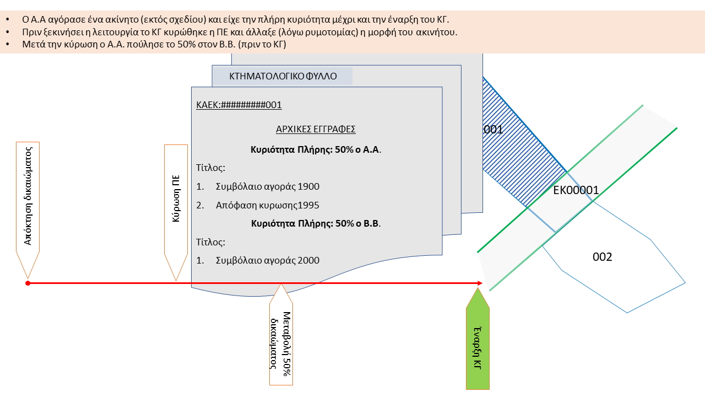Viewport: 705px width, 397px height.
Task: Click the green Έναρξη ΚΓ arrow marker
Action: [478, 342]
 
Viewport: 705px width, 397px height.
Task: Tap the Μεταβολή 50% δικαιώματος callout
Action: [281, 342]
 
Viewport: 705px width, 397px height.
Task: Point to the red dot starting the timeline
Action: [28, 283]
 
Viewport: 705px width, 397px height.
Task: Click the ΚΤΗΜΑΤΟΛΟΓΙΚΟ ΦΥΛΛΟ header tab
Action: [283, 76]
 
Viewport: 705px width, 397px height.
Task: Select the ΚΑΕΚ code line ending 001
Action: [239, 105]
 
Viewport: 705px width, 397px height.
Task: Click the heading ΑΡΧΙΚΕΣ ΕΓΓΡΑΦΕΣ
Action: [316, 129]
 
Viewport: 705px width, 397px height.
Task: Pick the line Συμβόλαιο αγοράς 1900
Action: [267, 186]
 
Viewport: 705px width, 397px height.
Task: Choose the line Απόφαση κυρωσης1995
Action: [267, 205]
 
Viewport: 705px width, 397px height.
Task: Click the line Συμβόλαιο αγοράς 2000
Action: [267, 260]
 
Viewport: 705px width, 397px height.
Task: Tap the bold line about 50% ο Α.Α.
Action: [316, 149]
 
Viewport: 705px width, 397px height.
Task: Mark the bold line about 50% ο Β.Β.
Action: [316, 223]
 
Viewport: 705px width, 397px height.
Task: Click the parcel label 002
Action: [603, 257]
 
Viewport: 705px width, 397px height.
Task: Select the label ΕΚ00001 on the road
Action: [576, 190]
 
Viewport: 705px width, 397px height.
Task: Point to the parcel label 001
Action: [493, 130]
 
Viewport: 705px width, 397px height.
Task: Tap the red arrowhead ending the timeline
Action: [479, 283]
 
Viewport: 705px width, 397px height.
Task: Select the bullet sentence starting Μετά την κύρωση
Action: [154, 44]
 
